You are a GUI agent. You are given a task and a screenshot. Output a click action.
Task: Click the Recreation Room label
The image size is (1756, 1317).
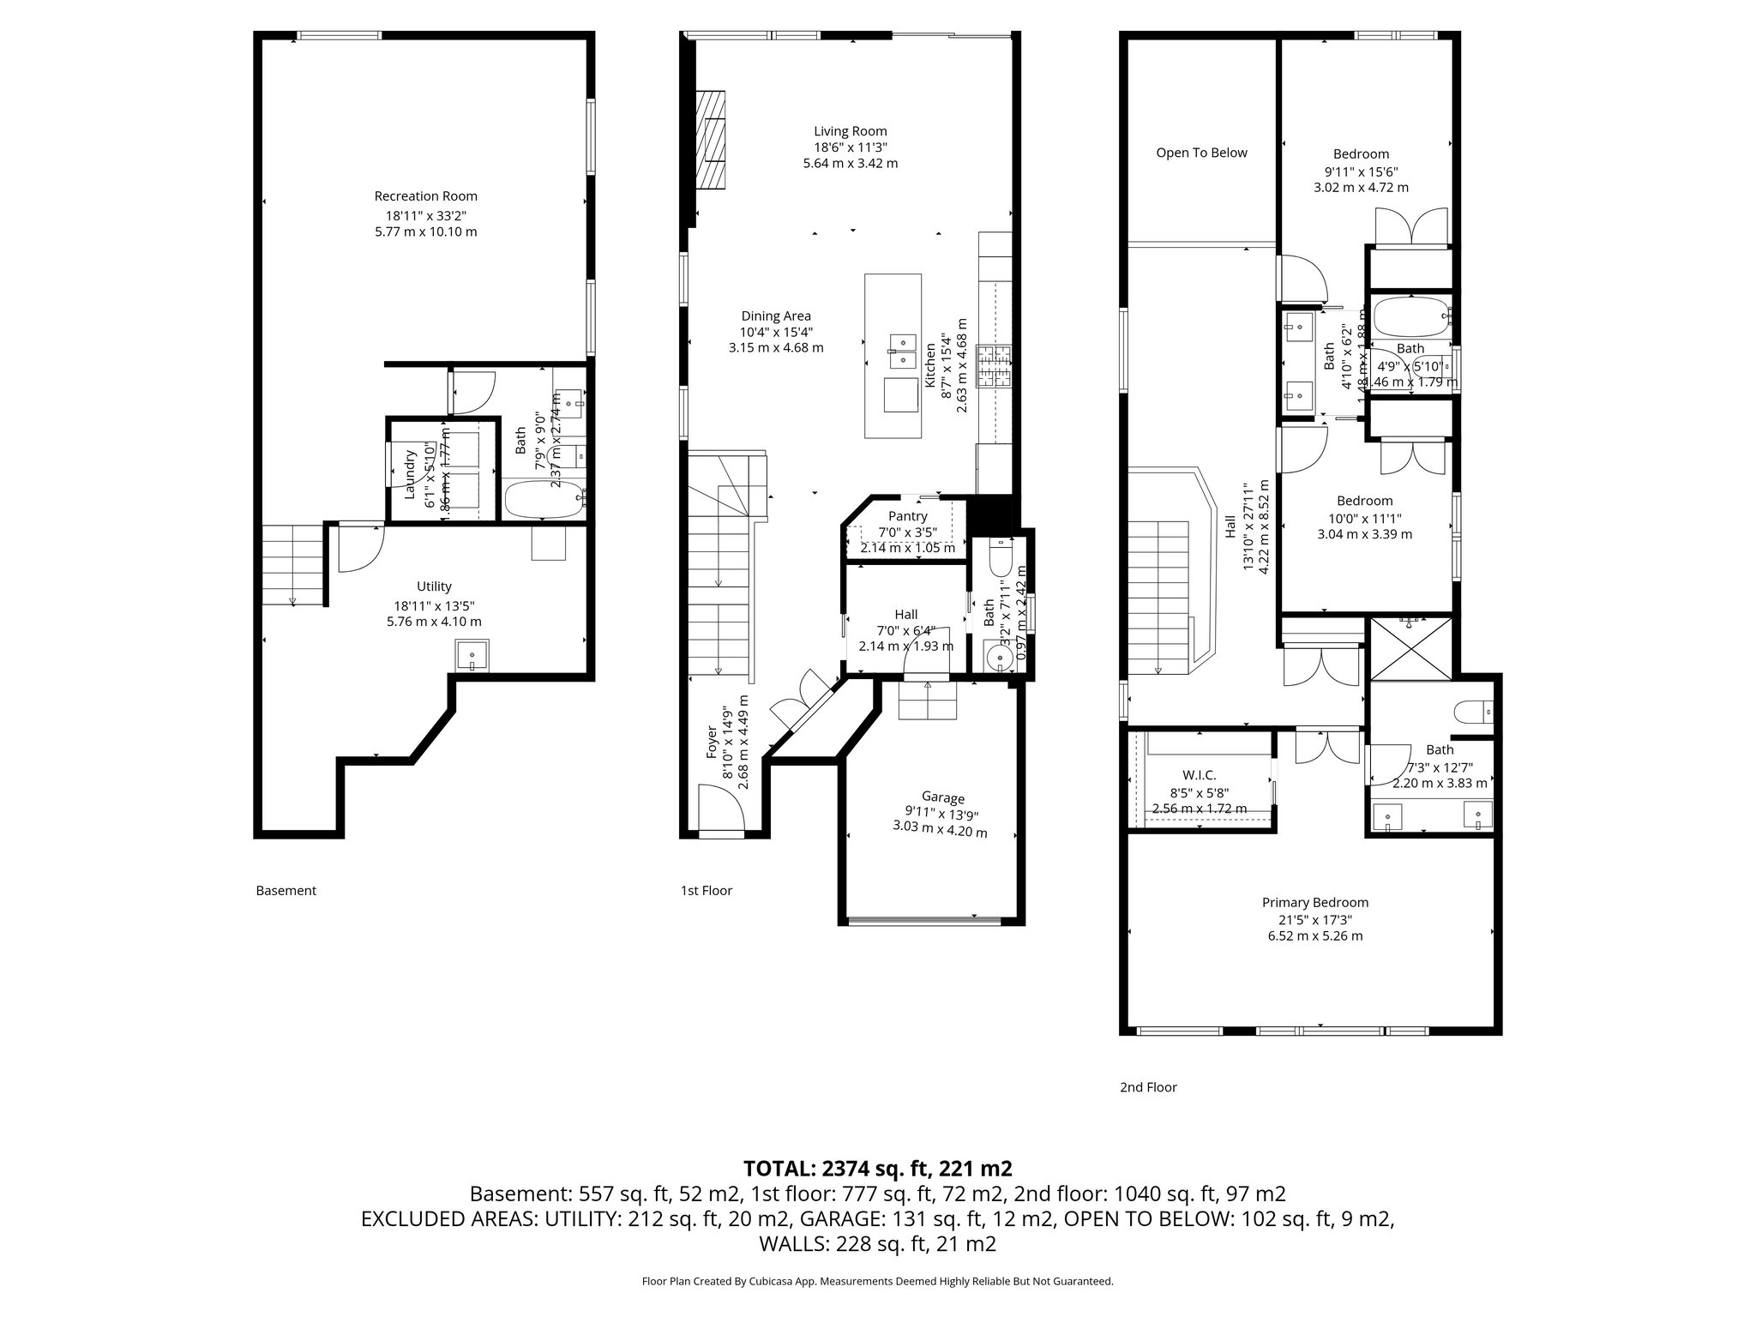tap(425, 196)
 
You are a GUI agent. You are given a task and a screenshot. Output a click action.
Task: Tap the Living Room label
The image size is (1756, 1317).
tap(850, 131)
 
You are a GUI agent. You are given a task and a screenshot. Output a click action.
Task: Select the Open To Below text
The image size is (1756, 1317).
tap(1201, 153)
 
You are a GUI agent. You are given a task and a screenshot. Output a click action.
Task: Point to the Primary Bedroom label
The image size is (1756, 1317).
tap(1314, 902)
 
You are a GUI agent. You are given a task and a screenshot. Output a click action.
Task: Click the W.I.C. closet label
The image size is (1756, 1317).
tap(1199, 775)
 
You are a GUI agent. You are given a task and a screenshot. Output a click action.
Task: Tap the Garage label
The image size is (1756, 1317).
tap(942, 797)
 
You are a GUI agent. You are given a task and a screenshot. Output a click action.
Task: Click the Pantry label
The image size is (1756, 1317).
tap(907, 516)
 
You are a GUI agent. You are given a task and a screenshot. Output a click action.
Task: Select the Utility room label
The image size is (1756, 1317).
tap(434, 586)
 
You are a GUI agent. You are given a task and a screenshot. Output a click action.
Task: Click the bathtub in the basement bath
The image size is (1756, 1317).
tap(544, 499)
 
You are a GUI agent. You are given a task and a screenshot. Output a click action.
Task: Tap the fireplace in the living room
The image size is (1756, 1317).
tap(711, 141)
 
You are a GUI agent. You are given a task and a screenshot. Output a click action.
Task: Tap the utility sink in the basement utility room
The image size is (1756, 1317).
tap(472, 656)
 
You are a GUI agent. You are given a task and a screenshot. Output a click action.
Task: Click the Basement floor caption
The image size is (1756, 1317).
tap(286, 890)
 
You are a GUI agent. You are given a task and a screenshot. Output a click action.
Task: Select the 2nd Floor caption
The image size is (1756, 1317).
tap(1148, 1087)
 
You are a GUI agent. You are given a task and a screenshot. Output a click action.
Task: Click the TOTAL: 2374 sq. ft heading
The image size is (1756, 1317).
tap(877, 1168)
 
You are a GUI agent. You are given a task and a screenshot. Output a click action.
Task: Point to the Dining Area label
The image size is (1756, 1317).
tap(775, 316)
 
